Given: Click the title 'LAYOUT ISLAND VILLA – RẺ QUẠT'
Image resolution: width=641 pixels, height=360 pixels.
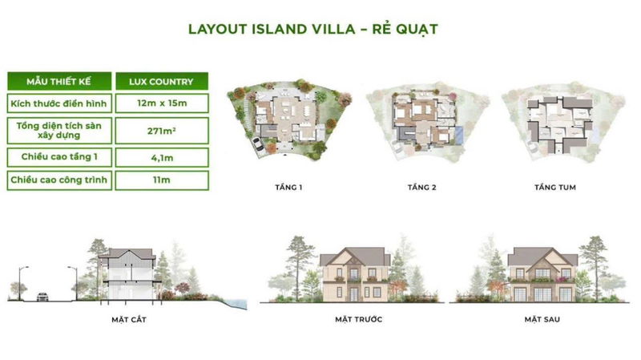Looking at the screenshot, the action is click(x=312, y=30).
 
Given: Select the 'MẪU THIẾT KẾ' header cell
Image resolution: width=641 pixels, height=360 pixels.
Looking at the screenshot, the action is click(x=59, y=81).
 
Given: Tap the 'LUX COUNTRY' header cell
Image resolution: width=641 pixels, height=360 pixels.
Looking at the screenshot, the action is click(x=162, y=81).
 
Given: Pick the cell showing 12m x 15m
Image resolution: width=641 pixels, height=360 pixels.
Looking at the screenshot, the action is click(x=162, y=103).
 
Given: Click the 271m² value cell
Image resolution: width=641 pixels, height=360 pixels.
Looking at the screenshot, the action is click(x=162, y=131).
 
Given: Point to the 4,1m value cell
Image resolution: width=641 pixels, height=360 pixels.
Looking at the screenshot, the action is click(x=162, y=157).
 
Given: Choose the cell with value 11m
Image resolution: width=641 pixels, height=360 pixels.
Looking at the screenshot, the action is click(x=162, y=180).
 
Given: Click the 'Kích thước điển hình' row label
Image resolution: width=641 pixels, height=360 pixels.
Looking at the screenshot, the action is click(x=59, y=103).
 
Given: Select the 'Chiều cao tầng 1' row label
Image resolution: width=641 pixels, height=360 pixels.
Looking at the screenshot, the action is click(x=59, y=157).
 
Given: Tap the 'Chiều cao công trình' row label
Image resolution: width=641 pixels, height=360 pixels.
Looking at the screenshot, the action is click(x=59, y=180).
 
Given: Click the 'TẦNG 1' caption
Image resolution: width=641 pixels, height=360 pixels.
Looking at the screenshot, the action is click(x=288, y=188).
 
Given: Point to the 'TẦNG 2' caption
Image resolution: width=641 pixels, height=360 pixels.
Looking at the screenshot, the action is click(x=422, y=188).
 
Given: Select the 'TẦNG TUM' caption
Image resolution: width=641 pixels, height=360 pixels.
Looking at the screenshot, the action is click(x=555, y=188).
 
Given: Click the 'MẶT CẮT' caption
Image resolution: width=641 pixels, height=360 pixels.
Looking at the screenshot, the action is click(x=129, y=319).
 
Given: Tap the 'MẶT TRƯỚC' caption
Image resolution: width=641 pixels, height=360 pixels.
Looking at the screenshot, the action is click(x=358, y=319).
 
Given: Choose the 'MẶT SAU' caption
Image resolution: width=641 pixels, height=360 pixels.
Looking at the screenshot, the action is click(x=542, y=319).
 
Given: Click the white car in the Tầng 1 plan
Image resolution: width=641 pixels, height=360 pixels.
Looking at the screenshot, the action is click(x=258, y=144).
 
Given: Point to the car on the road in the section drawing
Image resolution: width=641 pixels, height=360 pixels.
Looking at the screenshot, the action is click(x=42, y=297).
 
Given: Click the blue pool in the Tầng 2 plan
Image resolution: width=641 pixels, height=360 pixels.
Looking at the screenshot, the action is click(x=459, y=135).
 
